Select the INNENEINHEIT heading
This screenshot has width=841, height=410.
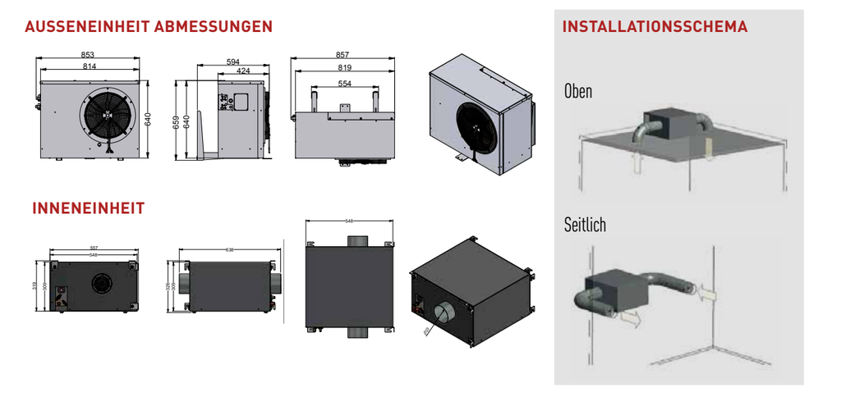point(88,208)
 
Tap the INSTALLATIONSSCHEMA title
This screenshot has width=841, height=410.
point(655,27)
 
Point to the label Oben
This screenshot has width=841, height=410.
point(577,91)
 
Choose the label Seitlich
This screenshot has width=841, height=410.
point(585,224)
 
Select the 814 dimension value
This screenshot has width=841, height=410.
point(90,66)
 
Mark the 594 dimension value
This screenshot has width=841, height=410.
point(233,61)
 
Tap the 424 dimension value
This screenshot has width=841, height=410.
point(243,71)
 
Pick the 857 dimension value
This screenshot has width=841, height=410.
point(342,56)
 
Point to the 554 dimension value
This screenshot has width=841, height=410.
point(343,84)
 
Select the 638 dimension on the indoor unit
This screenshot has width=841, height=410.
point(230,249)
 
